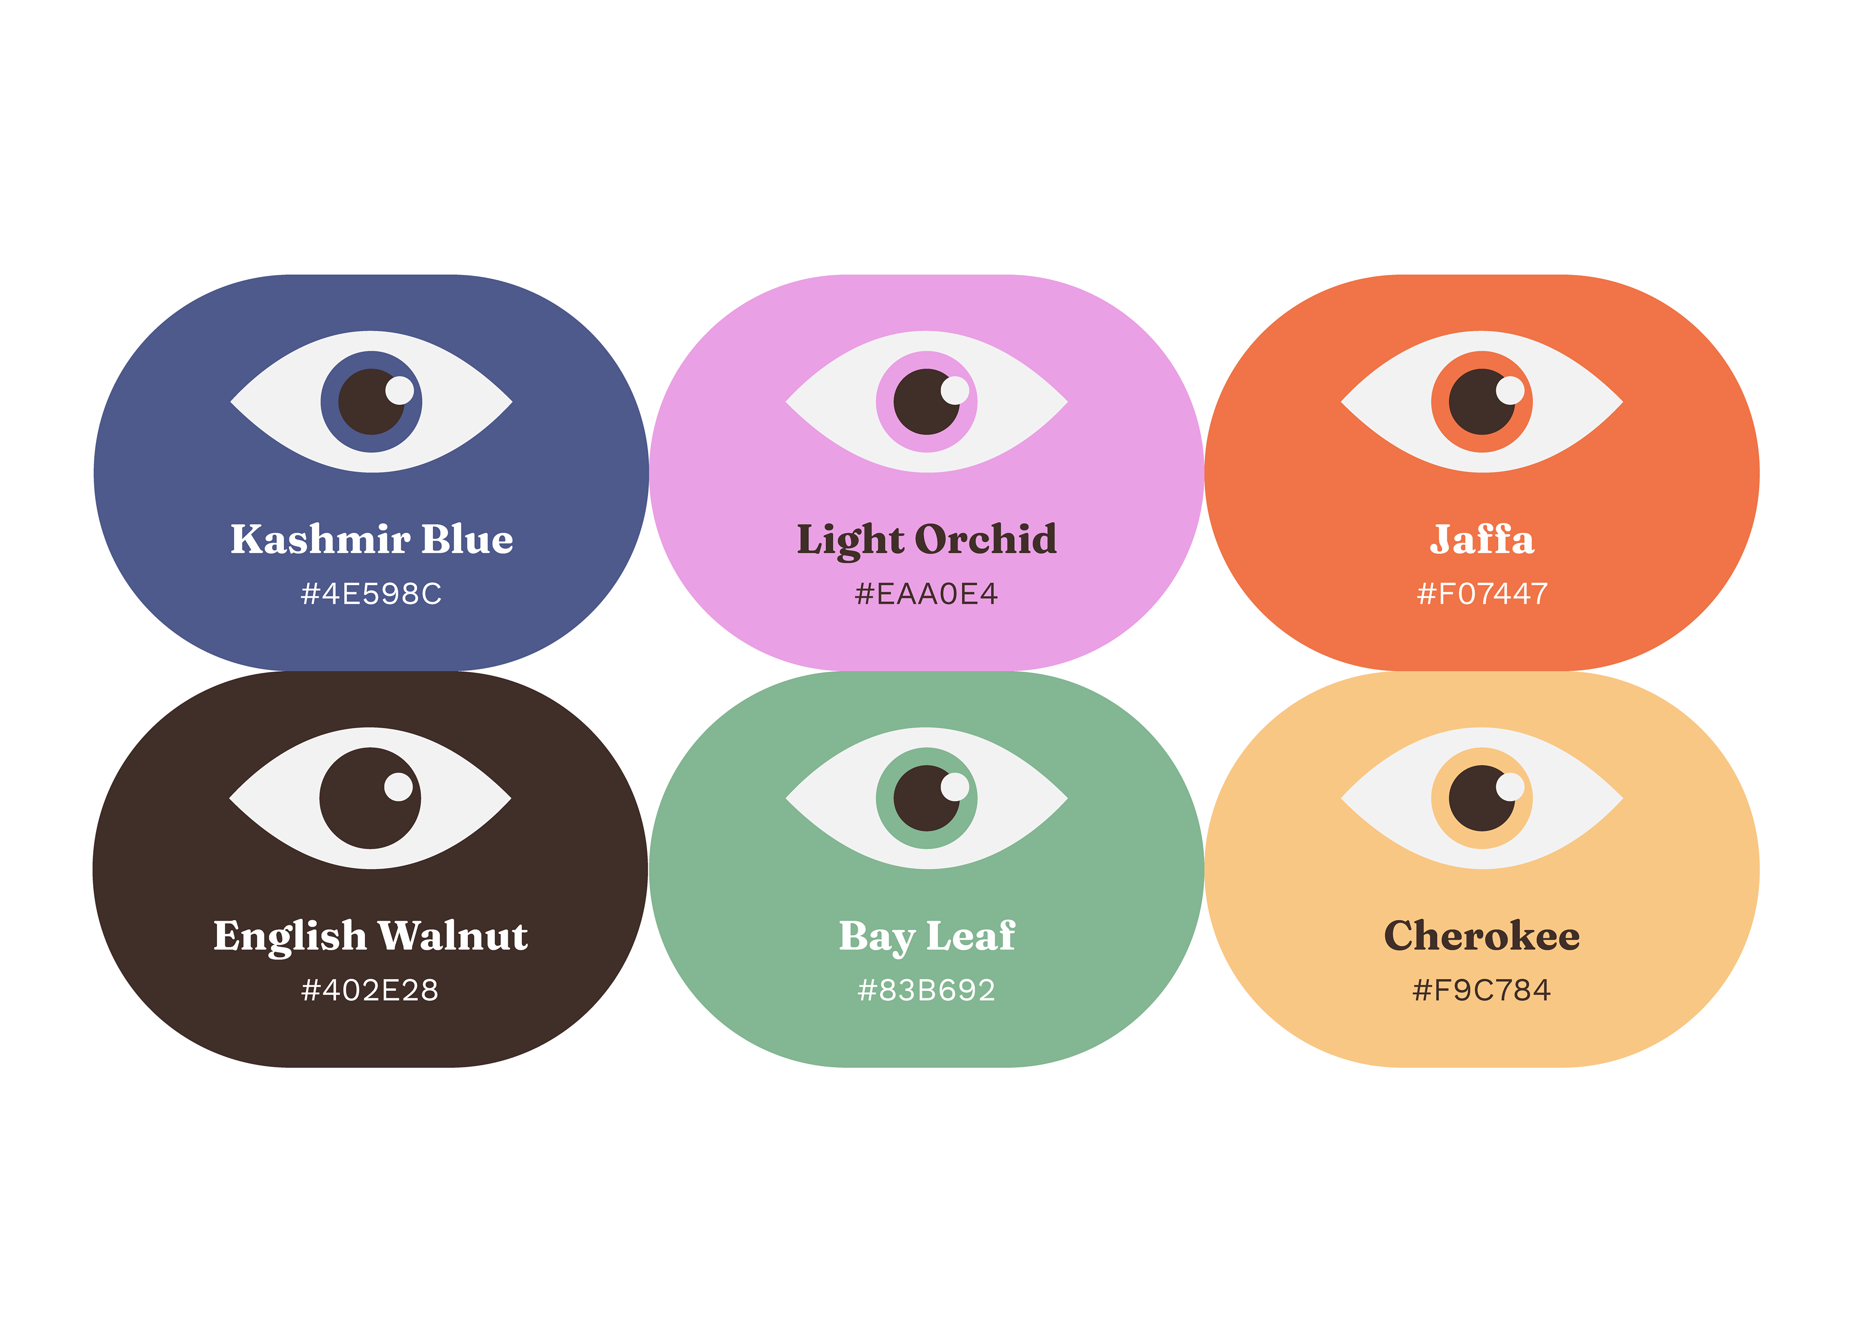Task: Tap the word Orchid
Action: tap(985, 539)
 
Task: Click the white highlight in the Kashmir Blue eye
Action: tap(399, 390)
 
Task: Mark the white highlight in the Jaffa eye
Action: tap(1510, 390)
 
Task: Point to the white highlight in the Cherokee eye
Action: tap(1510, 787)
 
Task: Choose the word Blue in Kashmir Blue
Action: tap(467, 539)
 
